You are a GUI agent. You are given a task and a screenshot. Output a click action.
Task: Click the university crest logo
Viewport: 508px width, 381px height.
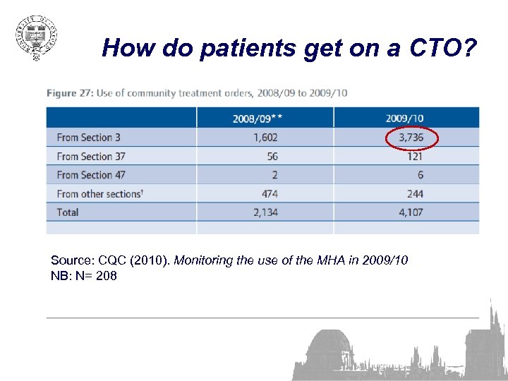36,37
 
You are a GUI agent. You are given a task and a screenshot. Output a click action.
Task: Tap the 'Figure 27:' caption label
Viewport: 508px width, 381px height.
69,93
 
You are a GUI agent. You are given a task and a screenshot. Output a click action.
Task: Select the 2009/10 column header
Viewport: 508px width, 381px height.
405,119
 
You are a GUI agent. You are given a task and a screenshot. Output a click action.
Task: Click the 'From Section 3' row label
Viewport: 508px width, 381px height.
89,138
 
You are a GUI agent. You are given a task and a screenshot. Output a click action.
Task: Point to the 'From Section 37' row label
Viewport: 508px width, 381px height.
91,157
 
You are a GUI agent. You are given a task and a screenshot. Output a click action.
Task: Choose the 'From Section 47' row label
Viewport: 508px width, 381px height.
91,175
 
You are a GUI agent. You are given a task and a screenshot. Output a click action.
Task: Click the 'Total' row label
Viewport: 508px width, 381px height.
68,212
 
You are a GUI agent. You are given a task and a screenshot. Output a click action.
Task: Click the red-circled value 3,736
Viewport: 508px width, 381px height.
411,138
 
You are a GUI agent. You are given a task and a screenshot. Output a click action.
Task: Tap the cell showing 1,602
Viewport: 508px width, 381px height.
265,138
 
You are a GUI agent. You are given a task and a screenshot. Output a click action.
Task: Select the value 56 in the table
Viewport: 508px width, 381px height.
272,157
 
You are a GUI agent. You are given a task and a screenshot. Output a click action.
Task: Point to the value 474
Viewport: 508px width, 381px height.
270,193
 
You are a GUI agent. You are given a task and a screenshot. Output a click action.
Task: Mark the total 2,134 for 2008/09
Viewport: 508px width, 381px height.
265,212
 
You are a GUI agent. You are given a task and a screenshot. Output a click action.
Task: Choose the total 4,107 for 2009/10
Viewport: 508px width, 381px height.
410,212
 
